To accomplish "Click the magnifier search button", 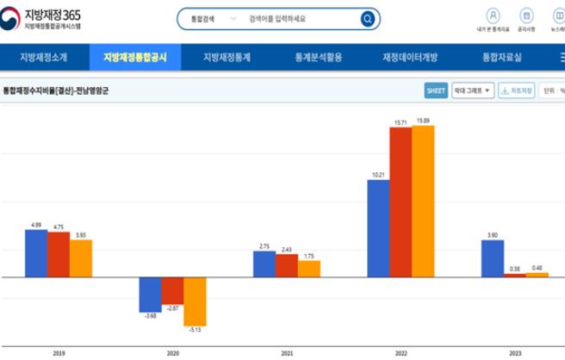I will click(368, 18).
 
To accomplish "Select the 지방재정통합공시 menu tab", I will click(135, 58).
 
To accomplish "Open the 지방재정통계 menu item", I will click(227, 58).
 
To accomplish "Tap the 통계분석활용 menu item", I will click(318, 58).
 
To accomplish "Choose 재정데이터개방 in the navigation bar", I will click(410, 58).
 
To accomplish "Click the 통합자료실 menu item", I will click(502, 58).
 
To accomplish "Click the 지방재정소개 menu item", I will click(43, 58).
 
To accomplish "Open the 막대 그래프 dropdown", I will click(475, 90).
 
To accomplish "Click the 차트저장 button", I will click(517, 90).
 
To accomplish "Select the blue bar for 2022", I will click(378, 228).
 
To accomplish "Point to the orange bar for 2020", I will click(195, 301).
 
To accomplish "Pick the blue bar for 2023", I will click(492, 258).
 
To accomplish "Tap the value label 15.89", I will click(423, 121).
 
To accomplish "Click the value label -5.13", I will click(195, 330).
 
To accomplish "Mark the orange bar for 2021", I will click(308, 269).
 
